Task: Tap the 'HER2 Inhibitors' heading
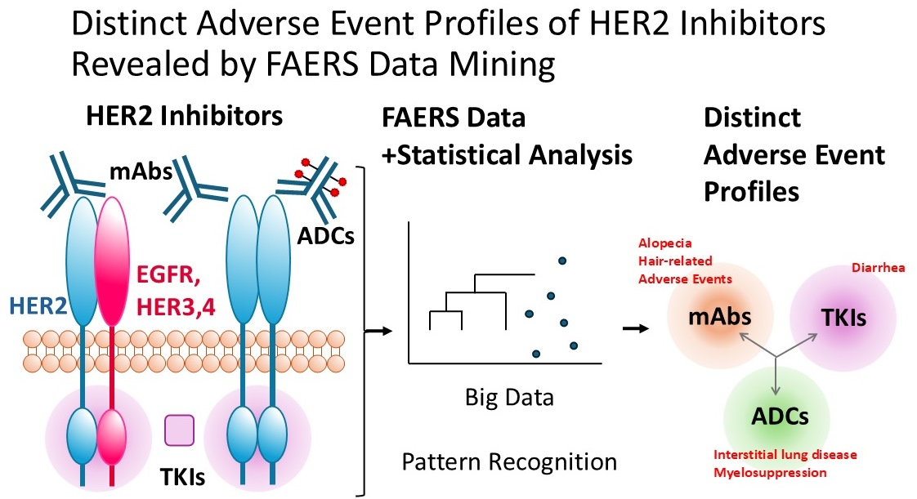click(184, 116)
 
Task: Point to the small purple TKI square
click(179, 430)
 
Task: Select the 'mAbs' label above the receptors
click(136, 172)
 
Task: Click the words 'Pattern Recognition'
click(509, 462)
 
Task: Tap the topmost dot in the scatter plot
click(562, 261)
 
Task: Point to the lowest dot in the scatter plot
click(536, 354)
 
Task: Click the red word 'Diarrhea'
click(877, 266)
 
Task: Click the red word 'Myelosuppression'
click(770, 472)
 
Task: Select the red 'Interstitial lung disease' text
click(785, 455)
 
